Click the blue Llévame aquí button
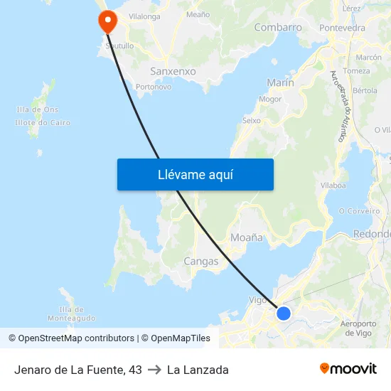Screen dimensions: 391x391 [195, 174]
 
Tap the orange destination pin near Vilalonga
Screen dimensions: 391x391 [108, 20]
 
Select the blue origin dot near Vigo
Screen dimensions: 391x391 [284, 313]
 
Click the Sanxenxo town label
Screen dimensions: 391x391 [173, 71]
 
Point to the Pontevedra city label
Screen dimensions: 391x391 [343, 28]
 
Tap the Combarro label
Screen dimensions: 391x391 [278, 28]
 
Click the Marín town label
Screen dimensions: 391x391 [280, 83]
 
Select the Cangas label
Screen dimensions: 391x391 [201, 261]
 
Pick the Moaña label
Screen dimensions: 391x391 [247, 237]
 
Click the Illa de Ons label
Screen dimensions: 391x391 [37, 109]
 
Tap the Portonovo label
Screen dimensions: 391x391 [154, 87]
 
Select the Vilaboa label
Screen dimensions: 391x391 [333, 185]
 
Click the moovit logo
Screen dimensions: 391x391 [348, 369]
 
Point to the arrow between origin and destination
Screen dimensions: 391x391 [154, 370]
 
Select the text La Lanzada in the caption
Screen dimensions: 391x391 [198, 370]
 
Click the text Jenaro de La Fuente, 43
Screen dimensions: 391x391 [78, 370]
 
